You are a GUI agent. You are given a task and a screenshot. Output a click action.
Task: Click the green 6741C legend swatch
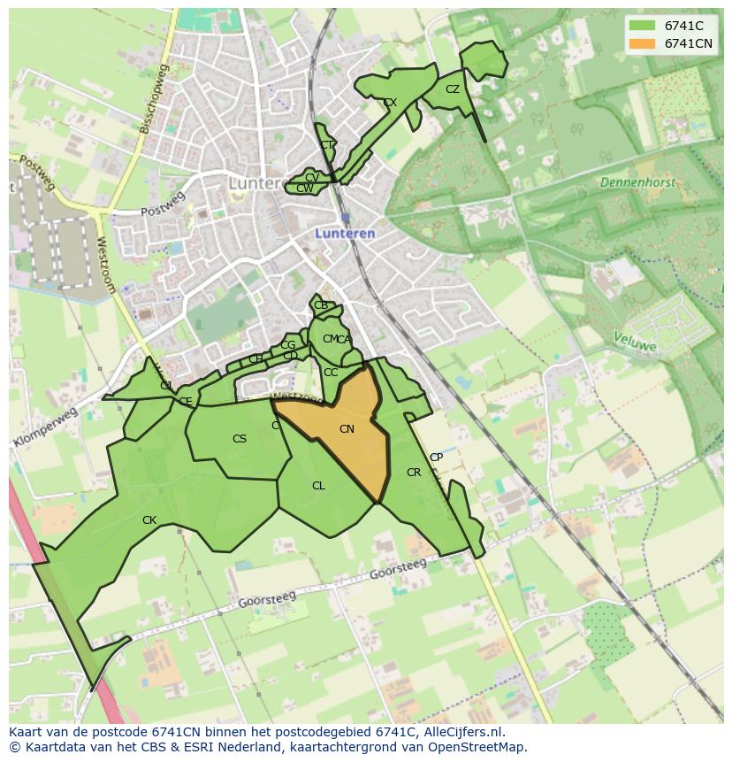[642, 26]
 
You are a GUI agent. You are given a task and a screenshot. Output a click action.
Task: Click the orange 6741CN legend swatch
[642, 43]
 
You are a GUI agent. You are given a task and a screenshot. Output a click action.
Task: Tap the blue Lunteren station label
[346, 234]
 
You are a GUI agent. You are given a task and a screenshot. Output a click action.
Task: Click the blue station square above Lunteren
[345, 217]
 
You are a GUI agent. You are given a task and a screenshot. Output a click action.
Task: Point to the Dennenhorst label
[637, 182]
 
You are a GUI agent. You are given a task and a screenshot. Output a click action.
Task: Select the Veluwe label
[635, 342]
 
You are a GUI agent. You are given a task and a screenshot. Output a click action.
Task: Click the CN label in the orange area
[347, 429]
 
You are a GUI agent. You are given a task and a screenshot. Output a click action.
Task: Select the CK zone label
[149, 520]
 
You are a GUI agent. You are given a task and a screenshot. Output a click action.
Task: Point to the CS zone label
[240, 439]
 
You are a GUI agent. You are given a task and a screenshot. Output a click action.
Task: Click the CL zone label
[318, 486]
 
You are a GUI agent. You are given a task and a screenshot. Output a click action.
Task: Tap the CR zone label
[414, 473]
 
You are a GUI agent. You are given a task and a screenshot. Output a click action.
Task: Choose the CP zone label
[436, 458]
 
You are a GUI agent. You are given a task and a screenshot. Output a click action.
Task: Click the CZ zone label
[453, 89]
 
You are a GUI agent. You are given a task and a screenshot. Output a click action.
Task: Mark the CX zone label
[390, 103]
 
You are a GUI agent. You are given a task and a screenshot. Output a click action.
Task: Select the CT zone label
[327, 145]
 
